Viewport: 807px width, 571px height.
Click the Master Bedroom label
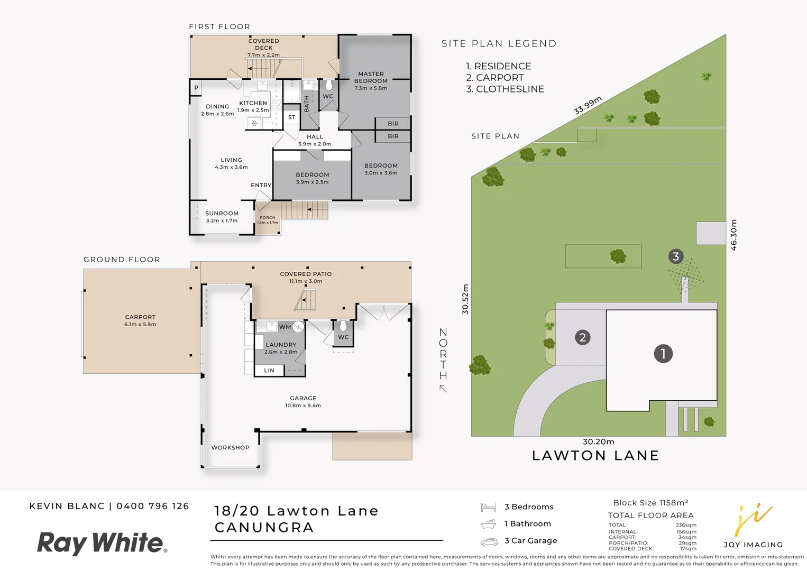coord(371,77)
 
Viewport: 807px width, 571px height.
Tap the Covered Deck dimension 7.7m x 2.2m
coord(263,55)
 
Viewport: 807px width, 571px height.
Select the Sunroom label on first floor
coord(222,214)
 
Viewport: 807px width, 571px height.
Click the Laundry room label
coord(281,345)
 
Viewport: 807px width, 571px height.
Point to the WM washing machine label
coord(285,327)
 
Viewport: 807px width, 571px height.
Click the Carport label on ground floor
coord(140,317)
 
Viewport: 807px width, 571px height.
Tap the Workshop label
coord(230,448)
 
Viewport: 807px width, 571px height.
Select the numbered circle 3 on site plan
coord(675,257)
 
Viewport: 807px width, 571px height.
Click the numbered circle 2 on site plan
coord(582,337)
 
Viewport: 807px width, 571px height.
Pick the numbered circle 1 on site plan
coord(663,354)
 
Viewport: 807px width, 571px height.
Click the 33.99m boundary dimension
coord(588,106)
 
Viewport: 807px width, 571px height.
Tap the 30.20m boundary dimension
coord(598,442)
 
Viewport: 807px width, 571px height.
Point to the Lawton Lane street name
coord(595,456)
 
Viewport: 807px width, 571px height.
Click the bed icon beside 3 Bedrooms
coord(488,508)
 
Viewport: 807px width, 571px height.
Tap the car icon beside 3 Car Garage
coord(489,542)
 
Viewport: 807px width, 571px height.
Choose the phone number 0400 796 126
coord(153,506)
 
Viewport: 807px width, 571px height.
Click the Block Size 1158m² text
coord(650,503)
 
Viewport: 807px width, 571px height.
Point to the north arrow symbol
coord(443,389)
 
